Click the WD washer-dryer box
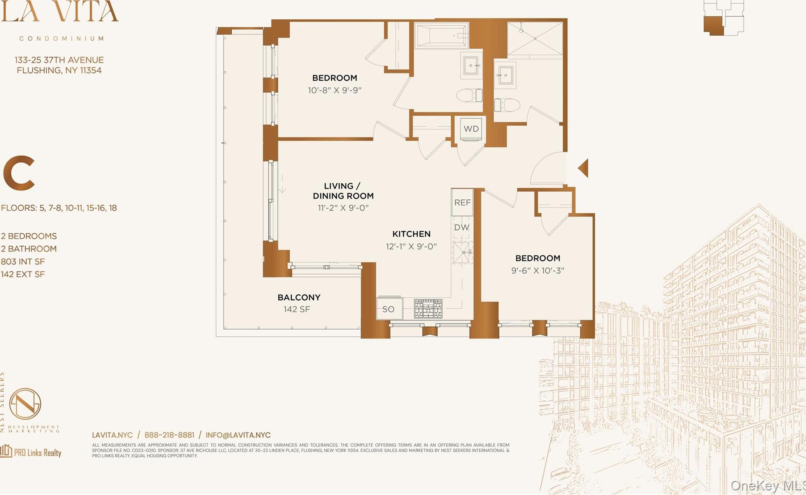pos(471,129)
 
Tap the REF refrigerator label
pos(462,203)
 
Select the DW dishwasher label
pos(462,227)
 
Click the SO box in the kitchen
pos(389,309)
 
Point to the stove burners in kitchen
pos(428,309)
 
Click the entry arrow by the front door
pos(584,168)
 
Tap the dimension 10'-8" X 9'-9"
pos(335,90)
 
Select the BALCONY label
pos(299,297)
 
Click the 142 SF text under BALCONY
pos(297,310)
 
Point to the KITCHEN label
pos(411,234)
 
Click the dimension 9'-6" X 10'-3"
pos(538,271)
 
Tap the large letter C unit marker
pos(19,173)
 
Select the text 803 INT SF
pos(23,262)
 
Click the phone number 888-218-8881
pos(169,435)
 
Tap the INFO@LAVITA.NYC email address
pos(238,435)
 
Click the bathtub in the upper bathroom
pos(441,36)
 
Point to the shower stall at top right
pos(535,39)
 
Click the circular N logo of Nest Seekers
pos(25,404)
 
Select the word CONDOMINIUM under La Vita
pos(62,39)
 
